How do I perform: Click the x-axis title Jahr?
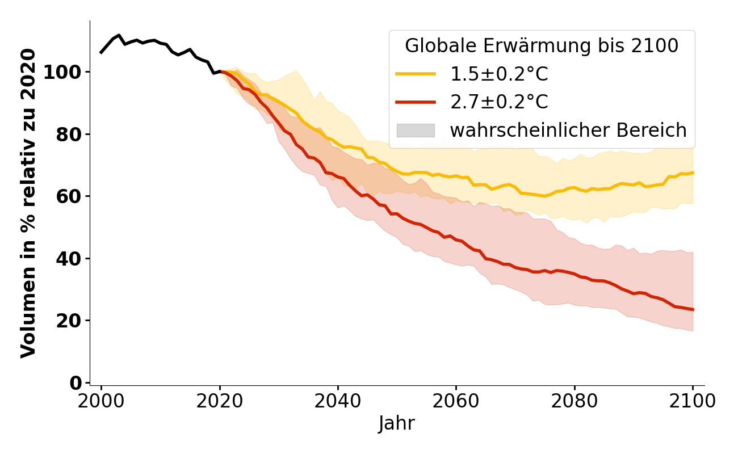397,423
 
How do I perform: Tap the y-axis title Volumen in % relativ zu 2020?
28,203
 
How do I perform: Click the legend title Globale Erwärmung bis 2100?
542,46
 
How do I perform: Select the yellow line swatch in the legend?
416,74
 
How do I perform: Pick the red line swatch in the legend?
416,102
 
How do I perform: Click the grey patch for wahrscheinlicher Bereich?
416,131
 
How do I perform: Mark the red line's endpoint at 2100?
693,309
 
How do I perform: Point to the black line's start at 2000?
101,53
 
